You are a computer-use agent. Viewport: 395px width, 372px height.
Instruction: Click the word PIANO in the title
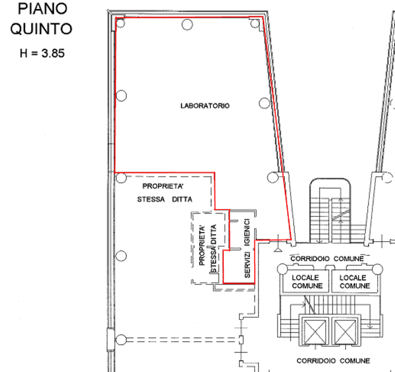click(x=43, y=9)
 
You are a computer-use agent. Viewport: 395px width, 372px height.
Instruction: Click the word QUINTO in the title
click(x=41, y=29)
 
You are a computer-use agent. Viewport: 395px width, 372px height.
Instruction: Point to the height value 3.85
click(x=53, y=53)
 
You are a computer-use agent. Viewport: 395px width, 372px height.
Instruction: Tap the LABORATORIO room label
click(x=205, y=106)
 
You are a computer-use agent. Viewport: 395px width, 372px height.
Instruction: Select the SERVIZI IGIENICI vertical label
click(x=247, y=248)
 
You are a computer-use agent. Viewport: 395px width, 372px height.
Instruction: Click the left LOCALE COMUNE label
click(x=307, y=281)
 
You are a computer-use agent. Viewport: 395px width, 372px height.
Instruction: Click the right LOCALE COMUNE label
click(x=355, y=281)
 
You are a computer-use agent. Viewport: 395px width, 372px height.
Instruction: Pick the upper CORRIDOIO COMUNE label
click(x=327, y=259)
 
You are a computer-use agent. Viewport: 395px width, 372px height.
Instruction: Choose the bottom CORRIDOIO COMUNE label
click(x=333, y=361)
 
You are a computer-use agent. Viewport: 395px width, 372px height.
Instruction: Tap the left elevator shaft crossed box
click(x=315, y=331)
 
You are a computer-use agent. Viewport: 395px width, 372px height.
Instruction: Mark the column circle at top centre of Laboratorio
click(x=187, y=24)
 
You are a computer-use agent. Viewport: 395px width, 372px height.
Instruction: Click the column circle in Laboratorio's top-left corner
click(x=120, y=23)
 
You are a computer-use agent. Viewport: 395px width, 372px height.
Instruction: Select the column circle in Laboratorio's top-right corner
click(x=255, y=23)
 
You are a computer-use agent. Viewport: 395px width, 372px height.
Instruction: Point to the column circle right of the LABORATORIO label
click(x=264, y=103)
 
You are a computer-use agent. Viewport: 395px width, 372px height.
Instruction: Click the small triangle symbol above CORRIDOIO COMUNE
click(x=278, y=249)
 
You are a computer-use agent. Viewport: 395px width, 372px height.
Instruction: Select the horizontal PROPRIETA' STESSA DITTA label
click(x=165, y=193)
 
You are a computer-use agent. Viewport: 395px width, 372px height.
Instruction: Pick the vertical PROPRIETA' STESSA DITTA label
click(x=207, y=248)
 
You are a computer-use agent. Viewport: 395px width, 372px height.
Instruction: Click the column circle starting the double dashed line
click(x=121, y=340)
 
